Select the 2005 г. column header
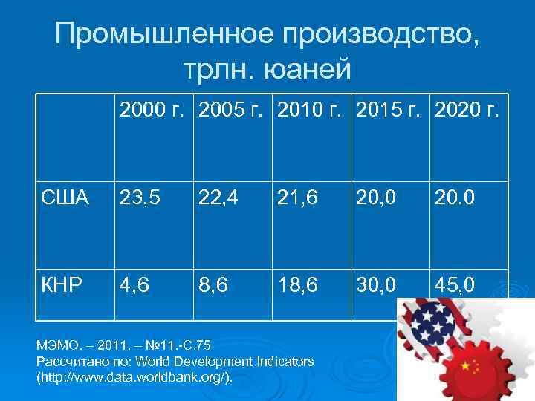point(232,112)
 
